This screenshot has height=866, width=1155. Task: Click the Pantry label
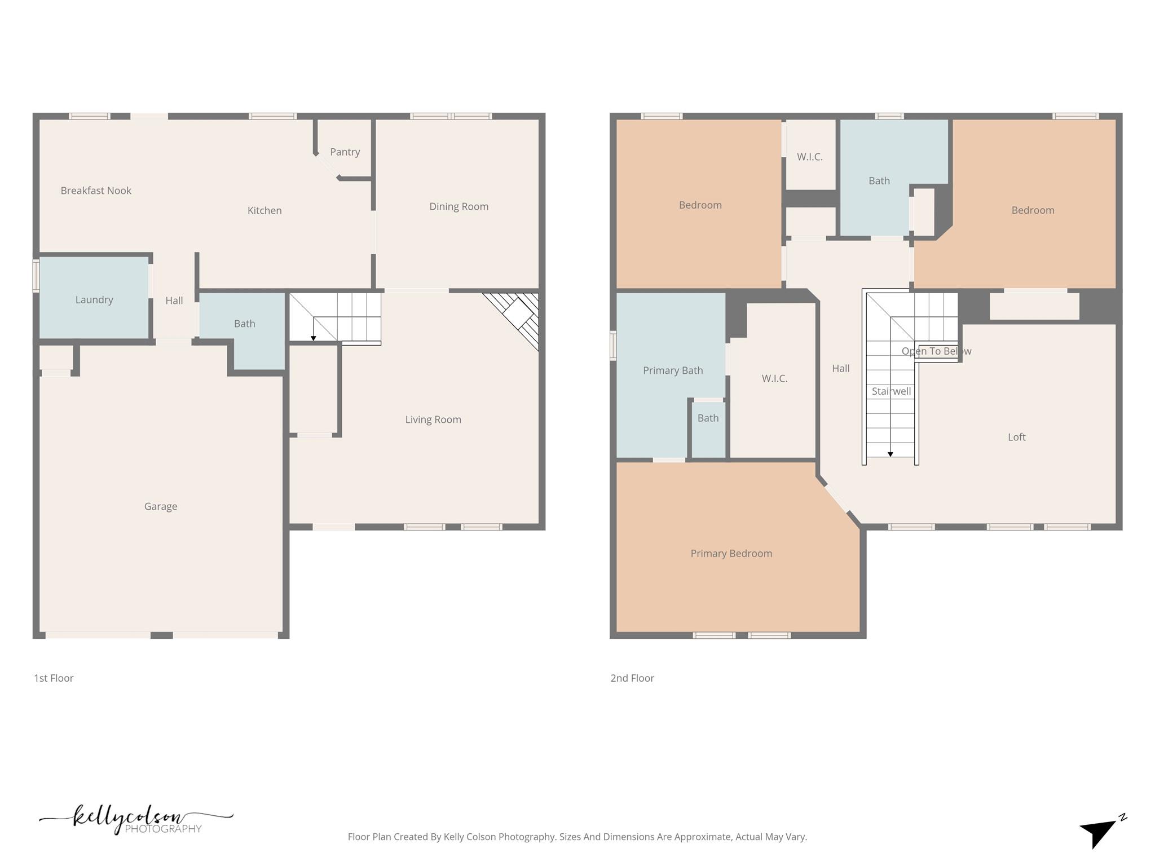click(x=345, y=152)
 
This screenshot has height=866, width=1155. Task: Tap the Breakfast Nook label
click(x=96, y=191)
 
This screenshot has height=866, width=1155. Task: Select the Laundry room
click(x=94, y=299)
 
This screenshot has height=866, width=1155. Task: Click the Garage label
click(x=161, y=506)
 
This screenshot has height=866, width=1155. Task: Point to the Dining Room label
click(x=459, y=206)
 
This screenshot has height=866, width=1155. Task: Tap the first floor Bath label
click(x=244, y=324)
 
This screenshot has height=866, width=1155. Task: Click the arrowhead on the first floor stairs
click(x=314, y=338)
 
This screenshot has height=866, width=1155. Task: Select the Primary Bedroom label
click(x=731, y=554)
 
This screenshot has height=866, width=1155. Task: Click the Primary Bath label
click(x=673, y=370)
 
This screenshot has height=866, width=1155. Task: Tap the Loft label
click(x=1016, y=437)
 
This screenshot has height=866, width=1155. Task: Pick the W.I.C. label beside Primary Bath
click(x=774, y=379)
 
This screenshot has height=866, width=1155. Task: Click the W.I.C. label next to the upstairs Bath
click(x=809, y=157)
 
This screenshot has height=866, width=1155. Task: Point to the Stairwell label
click(x=891, y=391)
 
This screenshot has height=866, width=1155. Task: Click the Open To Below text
click(x=936, y=351)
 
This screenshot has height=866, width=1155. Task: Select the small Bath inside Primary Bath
click(x=708, y=418)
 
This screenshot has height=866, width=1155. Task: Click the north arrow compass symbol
click(x=1100, y=831)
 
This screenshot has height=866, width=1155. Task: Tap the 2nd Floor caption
click(x=632, y=678)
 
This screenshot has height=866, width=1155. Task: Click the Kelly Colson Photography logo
click(x=135, y=819)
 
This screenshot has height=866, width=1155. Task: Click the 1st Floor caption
click(x=54, y=678)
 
